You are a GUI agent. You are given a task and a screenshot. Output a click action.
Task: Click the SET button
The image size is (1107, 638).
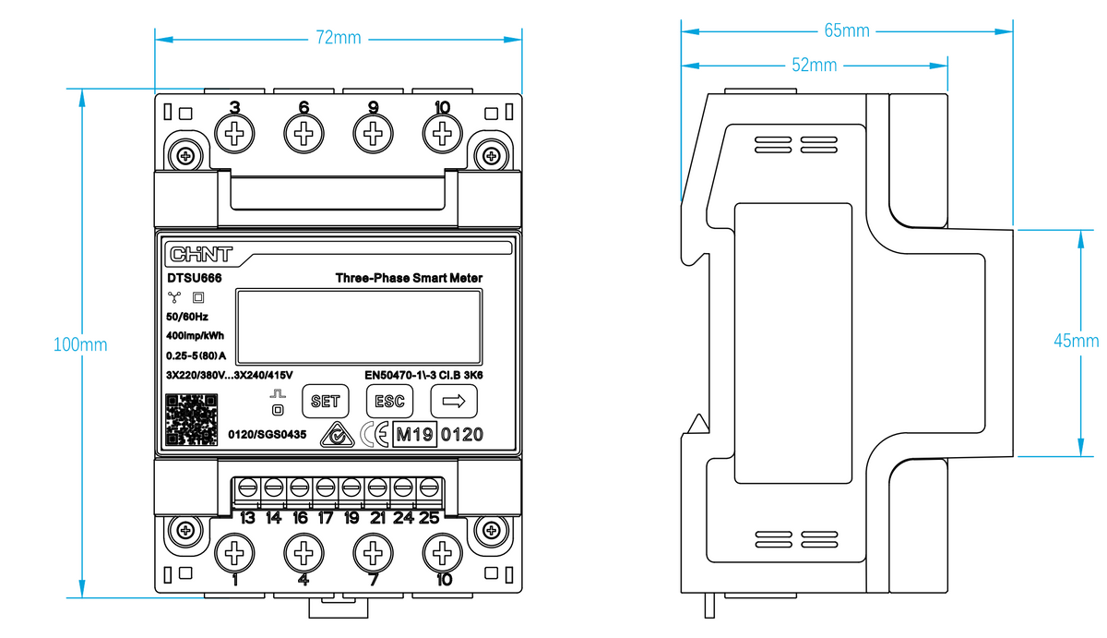click(x=325, y=401)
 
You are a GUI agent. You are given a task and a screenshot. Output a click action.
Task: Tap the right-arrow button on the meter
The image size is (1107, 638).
click(x=454, y=401)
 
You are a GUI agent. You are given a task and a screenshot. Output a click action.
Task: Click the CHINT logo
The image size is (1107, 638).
click(x=201, y=254)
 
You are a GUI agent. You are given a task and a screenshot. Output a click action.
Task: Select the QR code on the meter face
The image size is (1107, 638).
click(x=191, y=420)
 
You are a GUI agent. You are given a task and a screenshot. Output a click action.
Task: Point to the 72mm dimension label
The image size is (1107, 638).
click(x=339, y=38)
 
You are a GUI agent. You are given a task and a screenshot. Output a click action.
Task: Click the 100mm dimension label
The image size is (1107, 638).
click(x=80, y=344)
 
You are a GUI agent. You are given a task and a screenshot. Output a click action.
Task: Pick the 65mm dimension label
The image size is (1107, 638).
click(x=847, y=30)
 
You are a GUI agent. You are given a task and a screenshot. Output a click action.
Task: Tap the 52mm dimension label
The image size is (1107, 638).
click(x=814, y=65)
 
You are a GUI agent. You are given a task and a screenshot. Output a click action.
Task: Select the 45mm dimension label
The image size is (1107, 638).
click(x=1077, y=341)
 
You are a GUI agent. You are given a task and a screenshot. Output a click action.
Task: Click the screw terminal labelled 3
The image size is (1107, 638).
click(x=234, y=134)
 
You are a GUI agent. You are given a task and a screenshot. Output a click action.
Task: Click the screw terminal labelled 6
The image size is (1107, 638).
click(x=304, y=134)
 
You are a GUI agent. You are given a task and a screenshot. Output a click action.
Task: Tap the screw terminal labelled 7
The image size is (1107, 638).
click(x=373, y=553)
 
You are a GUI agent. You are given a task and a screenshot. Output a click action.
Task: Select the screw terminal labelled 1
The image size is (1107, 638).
click(x=234, y=553)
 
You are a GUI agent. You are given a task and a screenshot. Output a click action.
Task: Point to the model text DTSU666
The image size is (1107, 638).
click(x=195, y=278)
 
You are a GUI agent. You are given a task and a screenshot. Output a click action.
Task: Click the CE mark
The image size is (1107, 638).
click(x=375, y=435)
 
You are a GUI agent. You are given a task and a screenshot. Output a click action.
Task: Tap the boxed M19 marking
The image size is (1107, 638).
click(x=414, y=434)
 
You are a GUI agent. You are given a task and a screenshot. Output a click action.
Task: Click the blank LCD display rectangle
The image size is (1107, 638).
click(x=359, y=327)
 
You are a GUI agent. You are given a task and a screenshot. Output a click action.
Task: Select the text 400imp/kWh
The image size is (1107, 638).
click(x=196, y=336)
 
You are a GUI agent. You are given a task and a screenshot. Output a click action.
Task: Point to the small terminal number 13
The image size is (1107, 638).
click(x=247, y=518)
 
